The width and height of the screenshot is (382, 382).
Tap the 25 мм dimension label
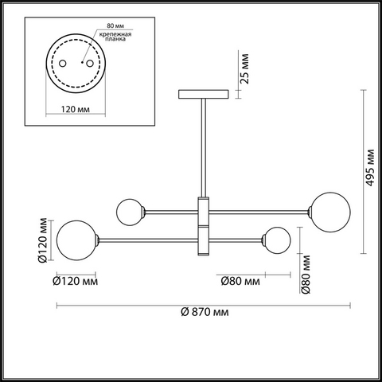[244, 68]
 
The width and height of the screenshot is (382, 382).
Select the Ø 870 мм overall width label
[205, 312]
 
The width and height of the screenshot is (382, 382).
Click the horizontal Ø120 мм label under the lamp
[76, 281]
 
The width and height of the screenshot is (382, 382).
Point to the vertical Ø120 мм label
[42, 240]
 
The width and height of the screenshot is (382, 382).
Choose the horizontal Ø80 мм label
[240, 281]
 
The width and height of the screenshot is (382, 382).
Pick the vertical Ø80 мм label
[306, 275]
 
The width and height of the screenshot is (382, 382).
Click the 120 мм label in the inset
[76, 109]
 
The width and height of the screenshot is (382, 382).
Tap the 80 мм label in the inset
[115, 25]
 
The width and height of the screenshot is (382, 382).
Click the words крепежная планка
[115, 37]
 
